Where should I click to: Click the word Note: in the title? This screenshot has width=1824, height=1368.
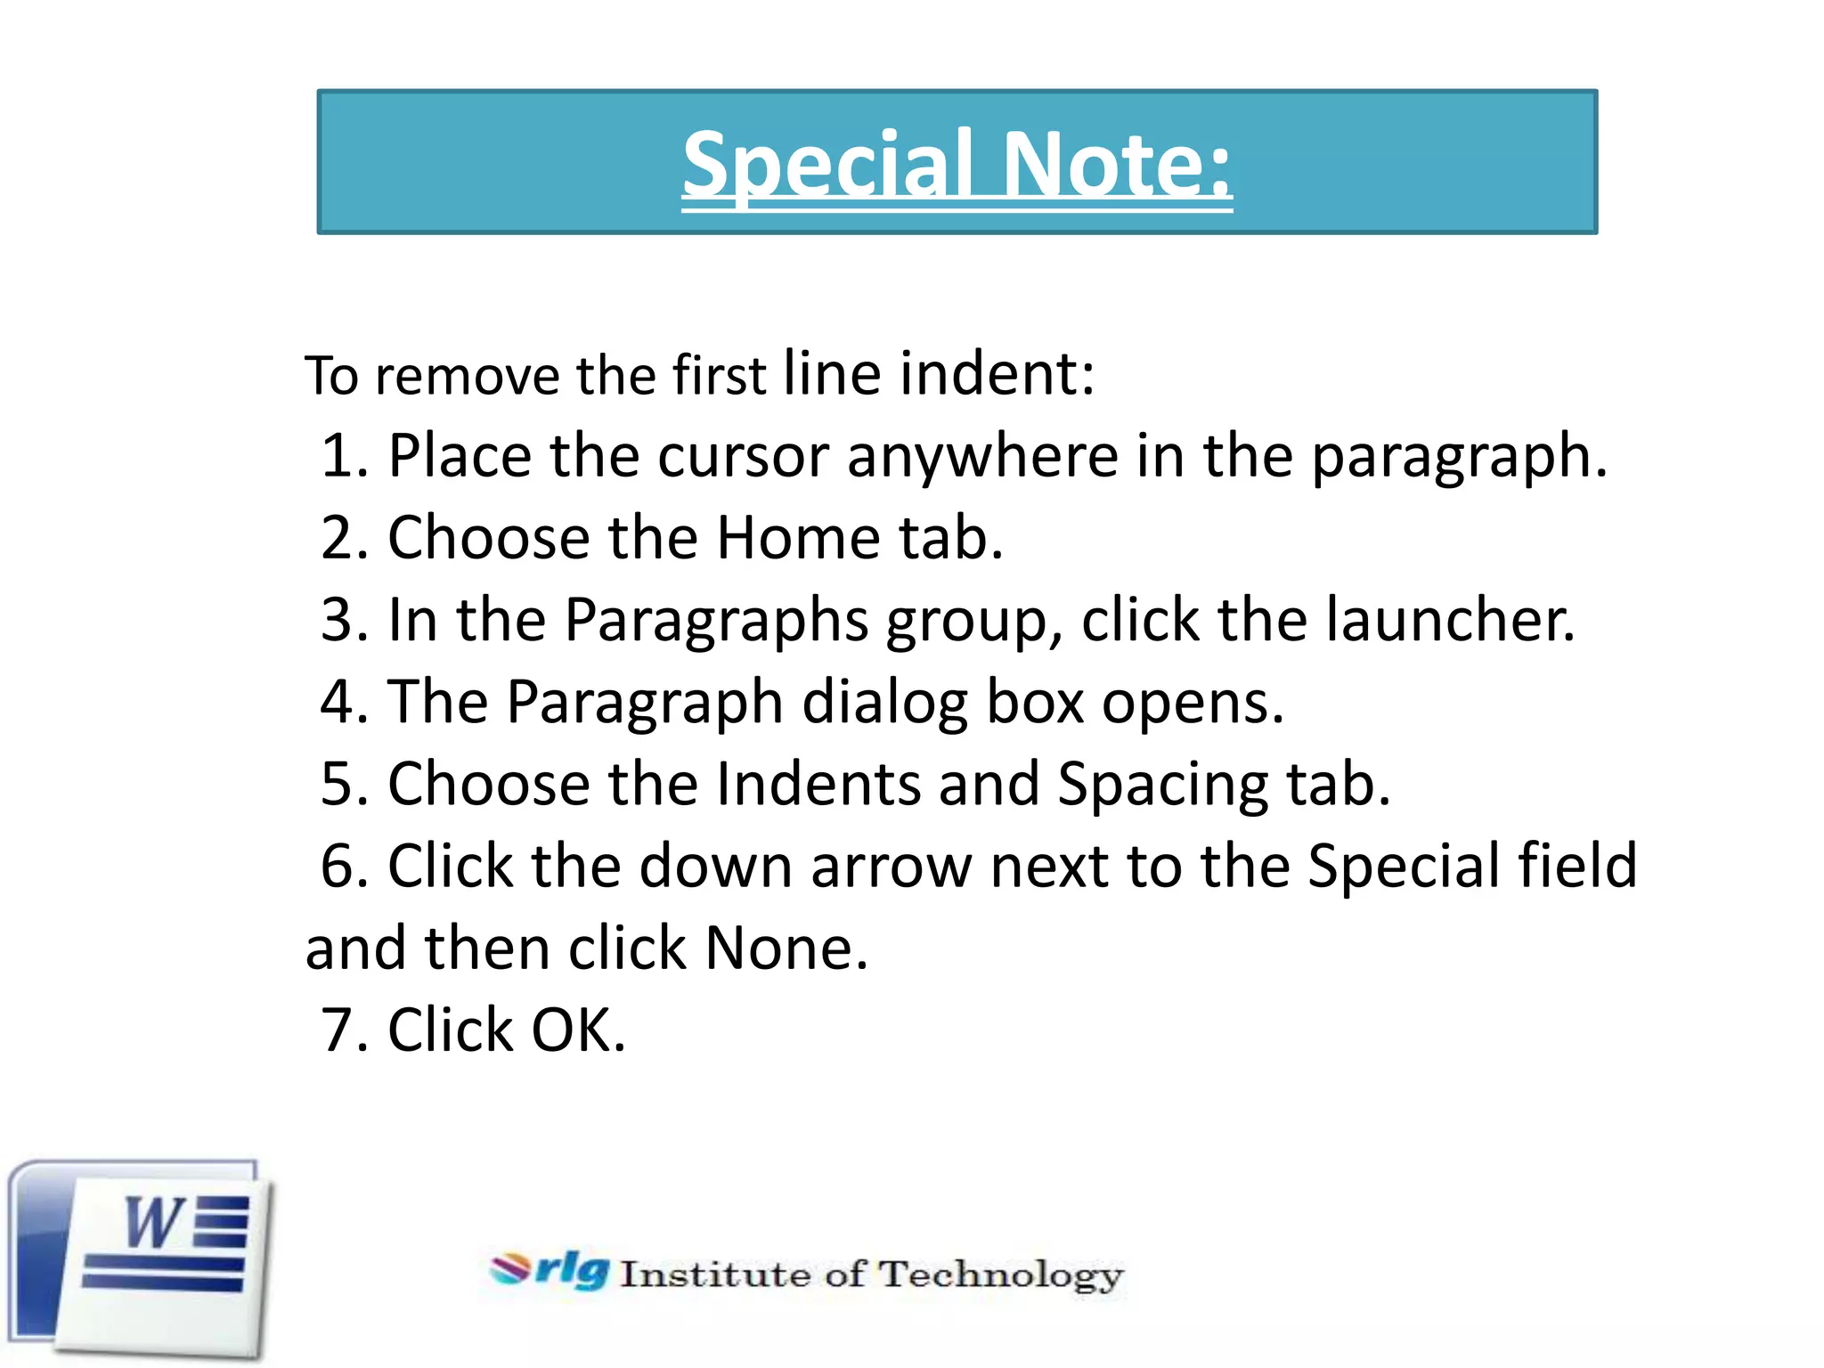pos(1117,165)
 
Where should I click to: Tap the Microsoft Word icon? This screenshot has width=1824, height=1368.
pos(141,1258)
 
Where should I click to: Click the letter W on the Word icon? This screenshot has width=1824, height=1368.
pos(153,1223)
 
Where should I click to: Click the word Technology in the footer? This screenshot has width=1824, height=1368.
pos(1001,1275)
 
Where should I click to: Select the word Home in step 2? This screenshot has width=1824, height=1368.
pos(798,538)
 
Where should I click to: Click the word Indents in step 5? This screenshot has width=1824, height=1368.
pos(818,785)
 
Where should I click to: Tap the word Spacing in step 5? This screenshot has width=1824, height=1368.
pos(1162,785)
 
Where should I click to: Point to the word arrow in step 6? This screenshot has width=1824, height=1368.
pos(891,867)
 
